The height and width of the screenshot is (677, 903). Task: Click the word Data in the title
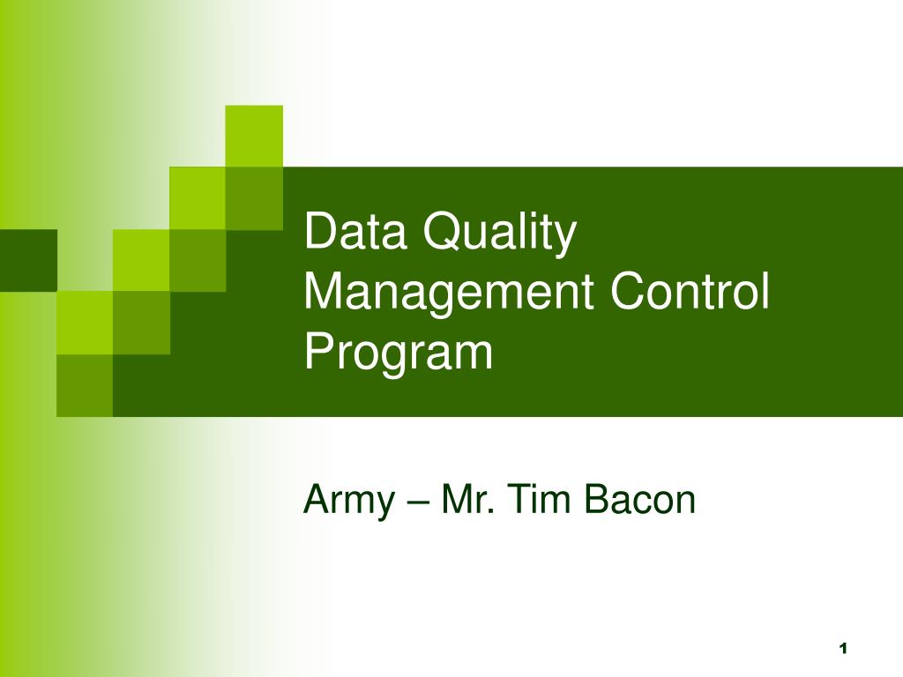click(x=355, y=231)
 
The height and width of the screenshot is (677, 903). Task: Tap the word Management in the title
click(x=449, y=293)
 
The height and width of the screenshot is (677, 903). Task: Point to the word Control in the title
click(x=690, y=291)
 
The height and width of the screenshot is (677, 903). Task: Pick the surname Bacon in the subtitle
click(x=639, y=499)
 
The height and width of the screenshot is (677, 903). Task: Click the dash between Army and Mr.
click(x=419, y=502)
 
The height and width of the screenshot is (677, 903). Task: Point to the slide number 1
click(x=844, y=649)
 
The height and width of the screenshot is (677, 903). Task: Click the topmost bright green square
click(x=254, y=137)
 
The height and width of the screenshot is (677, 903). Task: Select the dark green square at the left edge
click(x=28, y=260)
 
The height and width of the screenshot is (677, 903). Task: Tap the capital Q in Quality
click(x=443, y=232)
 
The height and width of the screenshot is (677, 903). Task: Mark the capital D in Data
click(x=321, y=231)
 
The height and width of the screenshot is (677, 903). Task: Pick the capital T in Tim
click(x=520, y=499)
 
